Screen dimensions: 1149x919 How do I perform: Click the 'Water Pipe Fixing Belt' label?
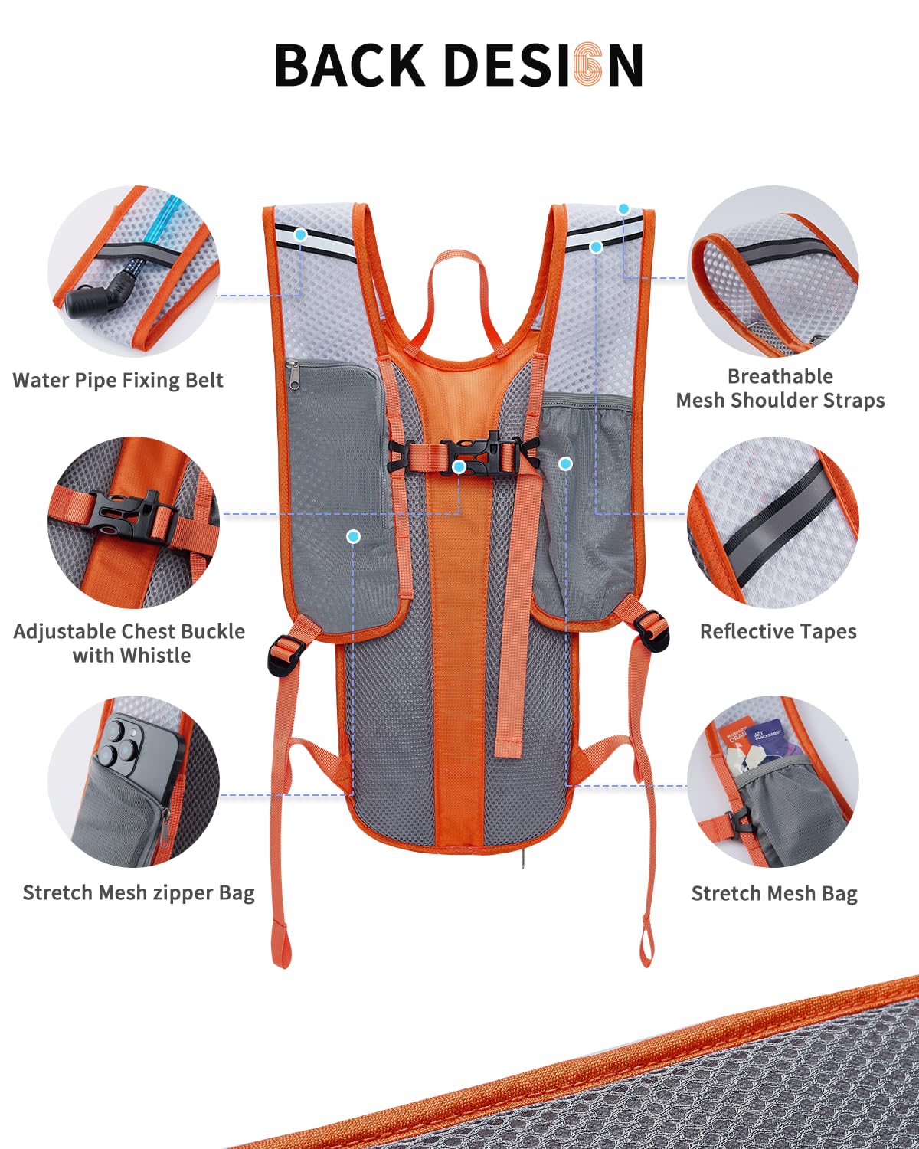tap(118, 381)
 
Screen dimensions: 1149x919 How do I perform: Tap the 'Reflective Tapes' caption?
tap(778, 632)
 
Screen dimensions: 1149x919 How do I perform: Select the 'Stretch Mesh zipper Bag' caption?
tap(139, 893)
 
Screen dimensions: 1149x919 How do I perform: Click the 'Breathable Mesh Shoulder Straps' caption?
tap(780, 388)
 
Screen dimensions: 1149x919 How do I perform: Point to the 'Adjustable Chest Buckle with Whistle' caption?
tap(129, 643)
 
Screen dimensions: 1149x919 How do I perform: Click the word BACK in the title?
tap(349, 65)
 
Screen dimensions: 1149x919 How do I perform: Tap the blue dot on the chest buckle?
tap(459, 466)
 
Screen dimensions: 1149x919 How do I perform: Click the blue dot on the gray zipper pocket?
tap(353, 537)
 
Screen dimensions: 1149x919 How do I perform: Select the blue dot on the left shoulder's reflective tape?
tap(301, 234)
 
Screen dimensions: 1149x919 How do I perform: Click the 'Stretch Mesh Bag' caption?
tap(774, 894)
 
